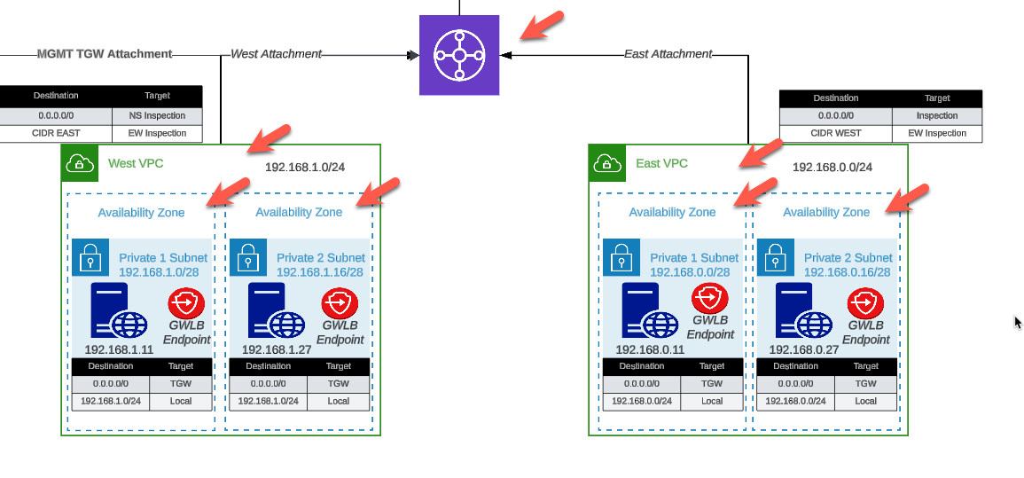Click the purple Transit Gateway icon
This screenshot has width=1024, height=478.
tap(459, 55)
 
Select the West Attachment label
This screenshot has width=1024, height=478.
tap(276, 54)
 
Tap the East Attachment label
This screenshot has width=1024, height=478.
tap(668, 54)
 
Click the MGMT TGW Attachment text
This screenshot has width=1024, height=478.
tap(105, 54)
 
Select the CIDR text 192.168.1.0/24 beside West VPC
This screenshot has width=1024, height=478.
tap(305, 167)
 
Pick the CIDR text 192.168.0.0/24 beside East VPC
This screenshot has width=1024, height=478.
tap(832, 167)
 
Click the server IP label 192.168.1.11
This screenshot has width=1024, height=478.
tap(119, 349)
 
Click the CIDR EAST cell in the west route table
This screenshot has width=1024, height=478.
tap(56, 133)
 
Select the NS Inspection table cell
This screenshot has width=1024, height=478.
tap(157, 115)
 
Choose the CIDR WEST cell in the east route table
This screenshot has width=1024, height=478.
tap(835, 133)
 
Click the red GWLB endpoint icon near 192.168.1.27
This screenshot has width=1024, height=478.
tap(339, 304)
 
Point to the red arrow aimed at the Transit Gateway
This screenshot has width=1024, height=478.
tap(541, 25)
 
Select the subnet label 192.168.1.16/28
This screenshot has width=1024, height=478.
tap(320, 272)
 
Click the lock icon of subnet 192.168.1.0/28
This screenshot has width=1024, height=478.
tap(90, 258)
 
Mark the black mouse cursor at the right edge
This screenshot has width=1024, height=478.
tap(1018, 323)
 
